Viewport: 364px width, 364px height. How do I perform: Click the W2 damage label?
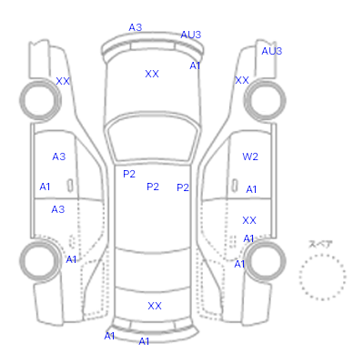(250, 157)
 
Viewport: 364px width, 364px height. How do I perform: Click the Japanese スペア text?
(320, 244)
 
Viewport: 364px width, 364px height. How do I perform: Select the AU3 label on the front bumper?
(191, 35)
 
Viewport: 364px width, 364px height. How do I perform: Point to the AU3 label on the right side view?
(272, 51)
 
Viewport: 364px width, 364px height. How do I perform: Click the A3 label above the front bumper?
(136, 27)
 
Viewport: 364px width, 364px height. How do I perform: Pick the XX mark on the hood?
(152, 74)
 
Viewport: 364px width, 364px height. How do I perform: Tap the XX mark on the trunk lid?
(155, 306)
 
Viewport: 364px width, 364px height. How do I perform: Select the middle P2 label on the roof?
(153, 187)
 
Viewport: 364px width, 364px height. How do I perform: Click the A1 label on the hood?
(195, 66)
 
